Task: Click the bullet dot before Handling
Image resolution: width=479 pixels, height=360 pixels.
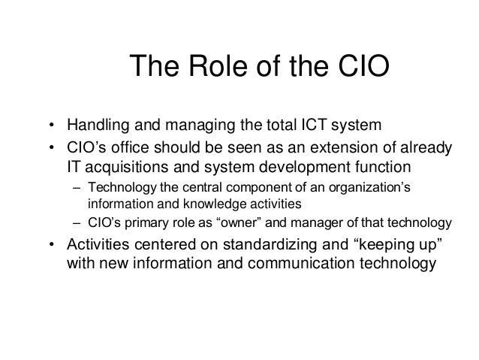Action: [51, 125]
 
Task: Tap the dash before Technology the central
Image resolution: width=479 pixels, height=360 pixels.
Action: [77, 187]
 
